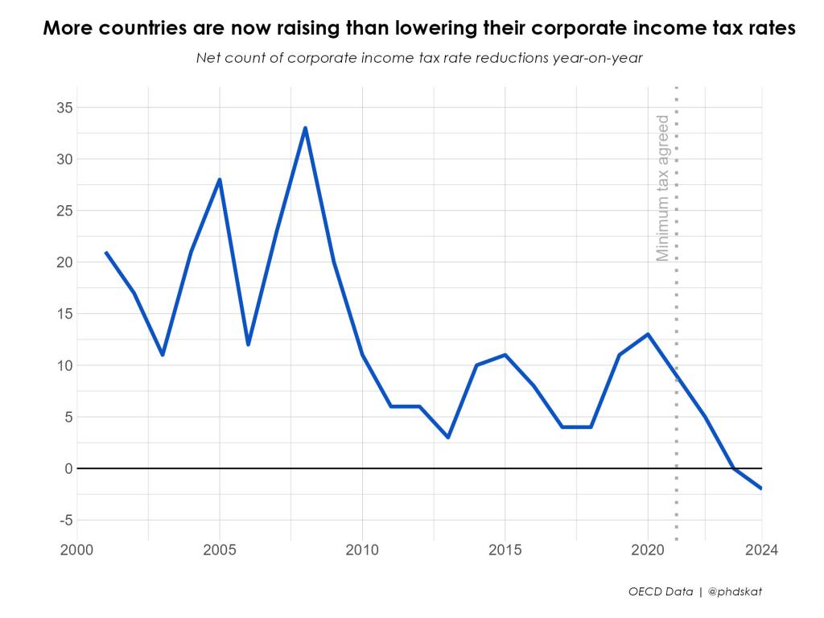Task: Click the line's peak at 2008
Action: pyautogui.click(x=305, y=128)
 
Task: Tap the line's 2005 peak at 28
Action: pyautogui.click(x=220, y=179)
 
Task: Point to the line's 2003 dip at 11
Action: pyautogui.click(x=163, y=355)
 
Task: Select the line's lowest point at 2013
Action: pyautogui.click(x=447, y=437)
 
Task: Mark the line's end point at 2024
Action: pyautogui.click(x=761, y=488)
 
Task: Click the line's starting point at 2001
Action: pyautogui.click(x=105, y=252)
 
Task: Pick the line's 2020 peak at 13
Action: pyautogui.click(x=648, y=334)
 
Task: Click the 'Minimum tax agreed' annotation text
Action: pyautogui.click(x=662, y=188)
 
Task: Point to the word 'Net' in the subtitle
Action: pyautogui.click(x=208, y=58)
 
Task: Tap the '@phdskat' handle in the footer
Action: pyautogui.click(x=735, y=591)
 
